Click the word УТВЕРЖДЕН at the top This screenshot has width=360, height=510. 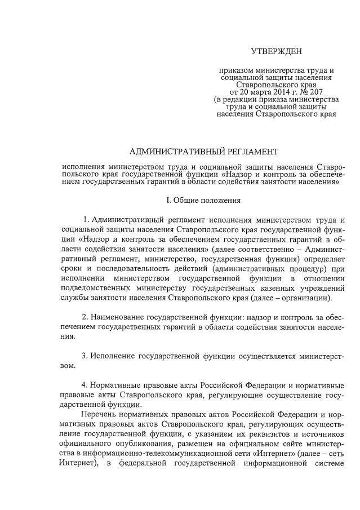click(276, 52)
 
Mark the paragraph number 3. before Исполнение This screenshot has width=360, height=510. click(86, 356)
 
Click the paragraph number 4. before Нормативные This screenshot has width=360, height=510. click(86, 385)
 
